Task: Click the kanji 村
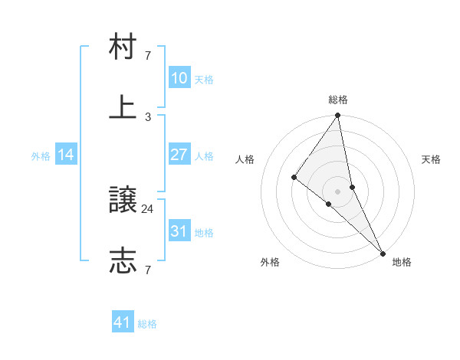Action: [123, 48]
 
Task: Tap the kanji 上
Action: [123, 107]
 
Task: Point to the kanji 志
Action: [123, 260]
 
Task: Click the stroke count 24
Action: [148, 208]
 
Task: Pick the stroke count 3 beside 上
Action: [148, 116]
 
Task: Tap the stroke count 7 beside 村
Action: [148, 56]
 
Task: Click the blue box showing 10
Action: [179, 78]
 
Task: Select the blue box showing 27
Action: [179, 155]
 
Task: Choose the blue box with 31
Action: [179, 231]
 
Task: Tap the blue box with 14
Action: [66, 155]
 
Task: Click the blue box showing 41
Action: [123, 322]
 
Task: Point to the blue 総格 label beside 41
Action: [147, 324]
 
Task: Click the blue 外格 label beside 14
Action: [41, 156]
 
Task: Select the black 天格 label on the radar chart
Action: [431, 159]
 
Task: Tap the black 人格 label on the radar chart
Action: [245, 159]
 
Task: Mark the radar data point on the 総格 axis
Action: [338, 116]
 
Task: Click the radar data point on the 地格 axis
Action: [382, 251]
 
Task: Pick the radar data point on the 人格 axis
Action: [294, 178]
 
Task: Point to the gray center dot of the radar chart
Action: [338, 191]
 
